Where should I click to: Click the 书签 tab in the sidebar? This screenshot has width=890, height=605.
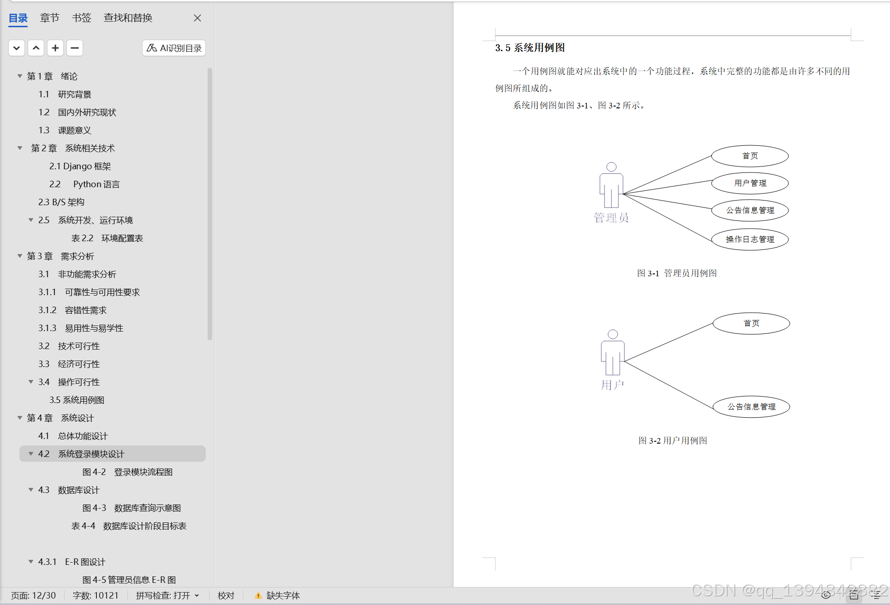coord(82,18)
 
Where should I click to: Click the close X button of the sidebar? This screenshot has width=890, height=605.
coord(197,18)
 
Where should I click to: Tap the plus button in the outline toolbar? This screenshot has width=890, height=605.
coord(55,48)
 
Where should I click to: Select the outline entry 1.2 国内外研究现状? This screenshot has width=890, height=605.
coord(77,113)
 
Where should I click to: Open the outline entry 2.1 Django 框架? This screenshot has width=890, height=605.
coord(80,166)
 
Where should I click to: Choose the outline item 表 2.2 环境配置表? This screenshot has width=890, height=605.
coord(107,238)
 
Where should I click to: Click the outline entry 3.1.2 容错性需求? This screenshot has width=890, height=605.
coord(72,310)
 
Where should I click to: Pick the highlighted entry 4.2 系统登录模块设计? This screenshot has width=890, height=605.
coord(81,454)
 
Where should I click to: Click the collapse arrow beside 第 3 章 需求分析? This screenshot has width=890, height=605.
coord(20,256)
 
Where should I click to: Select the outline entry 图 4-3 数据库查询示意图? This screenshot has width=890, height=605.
coord(131,508)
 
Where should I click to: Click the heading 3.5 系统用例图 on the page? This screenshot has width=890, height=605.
coord(530,48)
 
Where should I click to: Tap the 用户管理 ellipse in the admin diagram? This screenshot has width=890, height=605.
coord(750,184)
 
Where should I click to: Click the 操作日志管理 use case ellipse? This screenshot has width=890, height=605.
coord(750,239)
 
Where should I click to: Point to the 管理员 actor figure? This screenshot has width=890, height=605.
coord(611,186)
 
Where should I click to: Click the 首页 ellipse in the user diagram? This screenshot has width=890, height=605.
coord(751,324)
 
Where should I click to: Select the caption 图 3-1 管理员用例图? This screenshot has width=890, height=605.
coord(677,273)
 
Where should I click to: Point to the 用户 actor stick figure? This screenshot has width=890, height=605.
coord(613,354)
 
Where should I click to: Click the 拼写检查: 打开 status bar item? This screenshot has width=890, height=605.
coord(167,595)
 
